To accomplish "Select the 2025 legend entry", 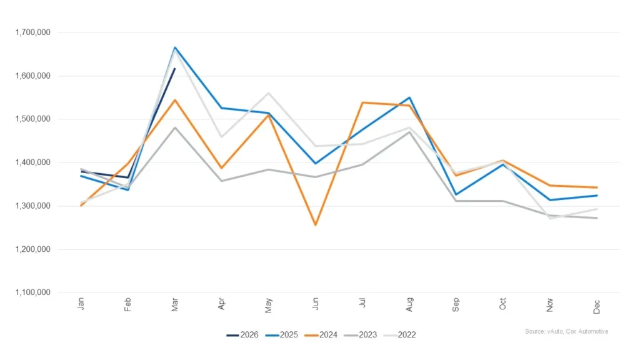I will [284, 335].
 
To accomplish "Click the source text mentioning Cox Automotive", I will [566, 331].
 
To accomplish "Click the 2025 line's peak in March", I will [175, 47].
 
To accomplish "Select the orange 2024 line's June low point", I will [316, 225].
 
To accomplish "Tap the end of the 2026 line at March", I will [175, 69].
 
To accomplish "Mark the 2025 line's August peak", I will [409, 97].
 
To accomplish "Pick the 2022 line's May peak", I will [269, 93].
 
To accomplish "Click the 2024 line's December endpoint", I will [597, 187].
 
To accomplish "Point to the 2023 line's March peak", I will [175, 127].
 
